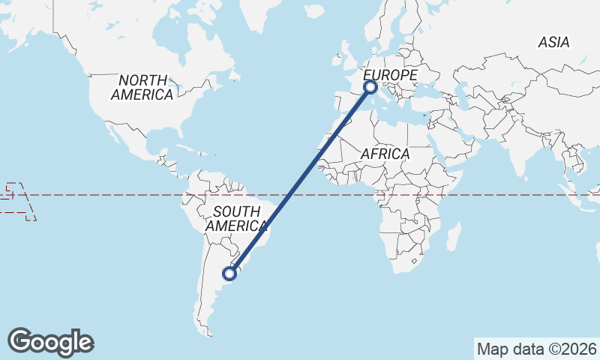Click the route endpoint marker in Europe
pos(370,87)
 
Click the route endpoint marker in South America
pos(230,274)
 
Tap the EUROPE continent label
pos(390,75)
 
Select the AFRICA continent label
pos(385,154)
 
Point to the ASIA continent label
pos(553,43)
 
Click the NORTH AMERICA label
pos(142,87)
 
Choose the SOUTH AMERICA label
pos(236,218)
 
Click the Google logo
pos(50,342)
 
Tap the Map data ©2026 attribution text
pos(537,349)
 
